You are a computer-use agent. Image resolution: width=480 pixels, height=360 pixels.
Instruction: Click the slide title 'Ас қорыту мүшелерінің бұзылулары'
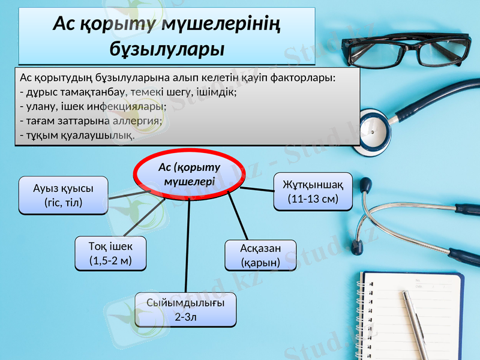pos(167,35)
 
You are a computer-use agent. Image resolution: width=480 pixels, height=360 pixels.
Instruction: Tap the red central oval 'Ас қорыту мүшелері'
pos(189,173)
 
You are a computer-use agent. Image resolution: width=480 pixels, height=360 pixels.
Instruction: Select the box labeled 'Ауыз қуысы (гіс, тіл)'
pos(64,195)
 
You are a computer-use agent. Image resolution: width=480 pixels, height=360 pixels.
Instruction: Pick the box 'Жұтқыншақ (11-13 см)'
pos(313,191)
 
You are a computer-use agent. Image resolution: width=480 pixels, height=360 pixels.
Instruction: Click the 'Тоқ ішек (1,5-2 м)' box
pos(110,253)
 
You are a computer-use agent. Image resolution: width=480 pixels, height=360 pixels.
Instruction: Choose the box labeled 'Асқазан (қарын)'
pos(260,255)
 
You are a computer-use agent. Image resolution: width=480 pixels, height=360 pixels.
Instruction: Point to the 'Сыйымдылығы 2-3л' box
pos(185,310)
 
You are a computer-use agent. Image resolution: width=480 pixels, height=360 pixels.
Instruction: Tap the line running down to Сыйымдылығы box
pos(188,246)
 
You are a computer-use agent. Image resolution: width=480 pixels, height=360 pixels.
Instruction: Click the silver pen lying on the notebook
pos(415,324)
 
